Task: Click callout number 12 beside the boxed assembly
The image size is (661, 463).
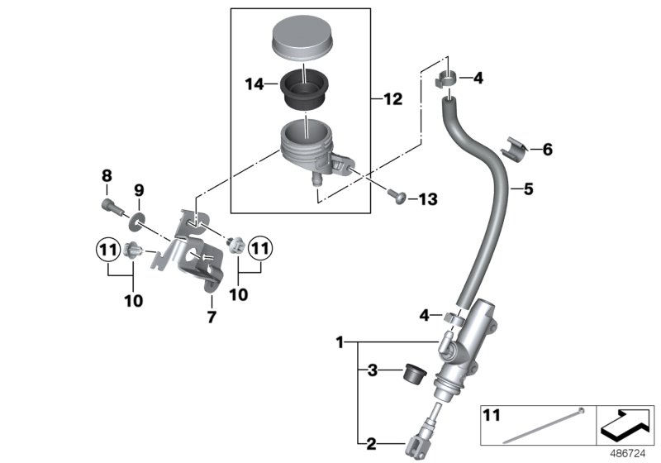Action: click(392, 99)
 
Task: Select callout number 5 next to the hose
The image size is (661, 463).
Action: click(529, 189)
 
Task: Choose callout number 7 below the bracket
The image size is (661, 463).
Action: click(211, 317)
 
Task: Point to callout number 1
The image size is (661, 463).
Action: click(339, 341)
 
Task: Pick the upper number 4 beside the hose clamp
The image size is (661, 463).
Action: click(478, 79)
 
